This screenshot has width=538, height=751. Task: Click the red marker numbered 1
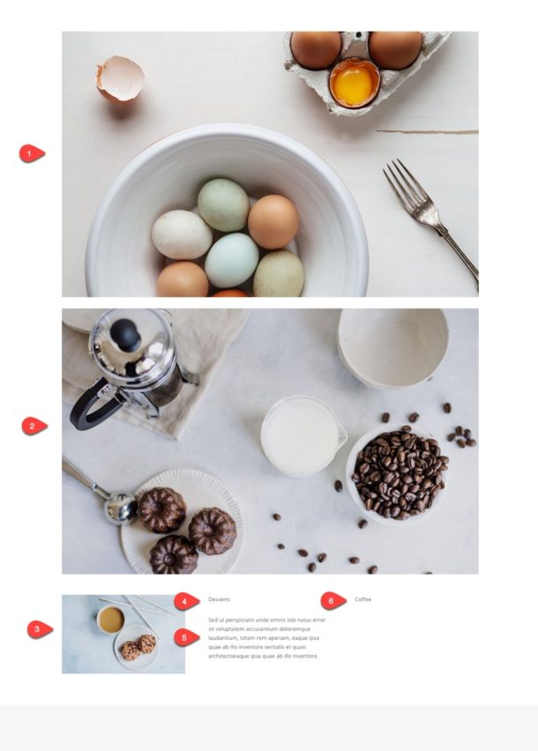(31, 154)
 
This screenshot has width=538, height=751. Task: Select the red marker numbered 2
(33, 427)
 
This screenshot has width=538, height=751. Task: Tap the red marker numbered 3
(38, 629)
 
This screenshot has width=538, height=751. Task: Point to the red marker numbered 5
(184, 637)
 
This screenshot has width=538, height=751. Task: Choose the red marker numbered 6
(332, 600)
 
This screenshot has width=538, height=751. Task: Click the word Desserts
(219, 599)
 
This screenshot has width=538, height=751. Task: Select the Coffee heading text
(363, 599)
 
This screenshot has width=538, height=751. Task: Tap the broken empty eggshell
(120, 78)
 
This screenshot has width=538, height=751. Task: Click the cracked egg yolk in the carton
(354, 82)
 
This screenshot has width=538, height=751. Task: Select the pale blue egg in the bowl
(232, 259)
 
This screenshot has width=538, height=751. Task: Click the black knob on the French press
(125, 334)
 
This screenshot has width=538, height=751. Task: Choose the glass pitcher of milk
(301, 435)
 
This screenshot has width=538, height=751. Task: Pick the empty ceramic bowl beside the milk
(392, 346)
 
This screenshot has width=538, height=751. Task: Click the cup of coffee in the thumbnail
(110, 620)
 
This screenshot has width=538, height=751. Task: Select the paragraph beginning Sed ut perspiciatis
(265, 638)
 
